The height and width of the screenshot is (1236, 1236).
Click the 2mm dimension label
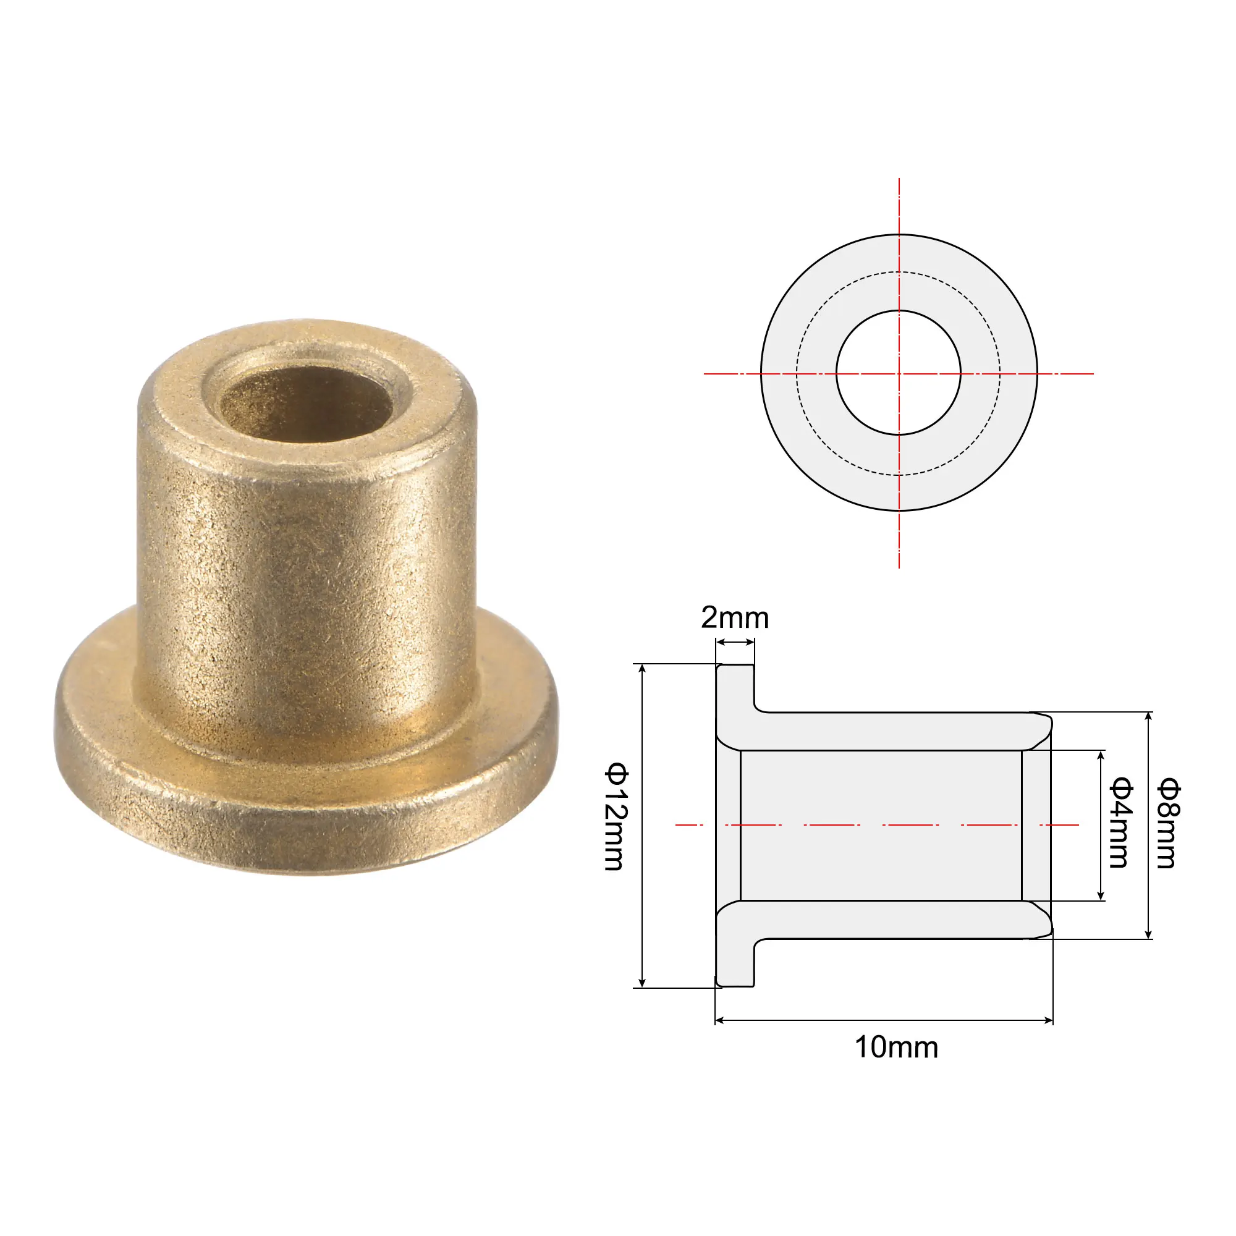[x=734, y=618]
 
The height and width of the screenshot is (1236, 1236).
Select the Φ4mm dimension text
[x=1120, y=823]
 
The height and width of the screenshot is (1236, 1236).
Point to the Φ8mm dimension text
[x=1167, y=823]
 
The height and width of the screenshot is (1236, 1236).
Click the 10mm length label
[x=896, y=1048]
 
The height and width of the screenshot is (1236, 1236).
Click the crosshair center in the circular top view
[x=899, y=374]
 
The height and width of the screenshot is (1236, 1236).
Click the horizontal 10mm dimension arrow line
[x=883, y=1020]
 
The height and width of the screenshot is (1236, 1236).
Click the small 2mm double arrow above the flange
[x=735, y=642]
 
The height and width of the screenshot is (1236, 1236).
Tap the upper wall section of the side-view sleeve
[x=895, y=730]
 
